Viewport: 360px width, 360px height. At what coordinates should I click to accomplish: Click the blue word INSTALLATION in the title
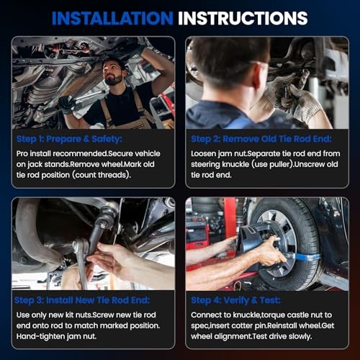pyautogui.click(x=112, y=18)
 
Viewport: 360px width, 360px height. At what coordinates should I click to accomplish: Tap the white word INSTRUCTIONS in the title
pyautogui.click(x=243, y=18)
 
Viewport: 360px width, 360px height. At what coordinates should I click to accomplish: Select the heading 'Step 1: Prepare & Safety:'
pyautogui.click(x=69, y=139)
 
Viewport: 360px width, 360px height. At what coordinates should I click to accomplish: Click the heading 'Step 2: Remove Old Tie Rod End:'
pyautogui.click(x=261, y=139)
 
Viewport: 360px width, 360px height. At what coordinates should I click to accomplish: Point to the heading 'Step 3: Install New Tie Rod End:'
pyautogui.click(x=82, y=300)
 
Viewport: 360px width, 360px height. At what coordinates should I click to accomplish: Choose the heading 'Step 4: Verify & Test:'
pyautogui.click(x=235, y=300)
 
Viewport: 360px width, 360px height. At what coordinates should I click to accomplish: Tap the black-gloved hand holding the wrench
pyautogui.click(x=67, y=104)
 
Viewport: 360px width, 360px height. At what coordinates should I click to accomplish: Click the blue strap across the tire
pyautogui.click(x=304, y=256)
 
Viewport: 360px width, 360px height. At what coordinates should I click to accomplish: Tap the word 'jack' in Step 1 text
pyautogui.click(x=35, y=165)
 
